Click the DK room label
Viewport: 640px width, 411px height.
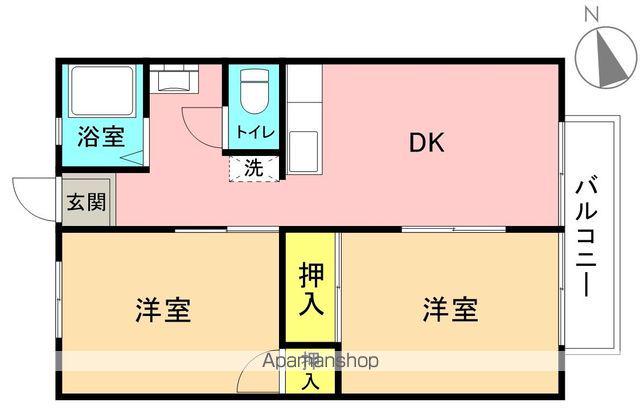(x=425, y=142)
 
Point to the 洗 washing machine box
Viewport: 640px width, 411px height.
(x=254, y=168)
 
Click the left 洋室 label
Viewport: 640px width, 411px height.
(x=163, y=310)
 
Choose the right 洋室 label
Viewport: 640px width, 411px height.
(x=449, y=310)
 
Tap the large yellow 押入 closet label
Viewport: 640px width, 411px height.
(x=311, y=288)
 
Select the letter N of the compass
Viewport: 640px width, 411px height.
(x=591, y=14)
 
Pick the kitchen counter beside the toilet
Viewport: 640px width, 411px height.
(x=304, y=120)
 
